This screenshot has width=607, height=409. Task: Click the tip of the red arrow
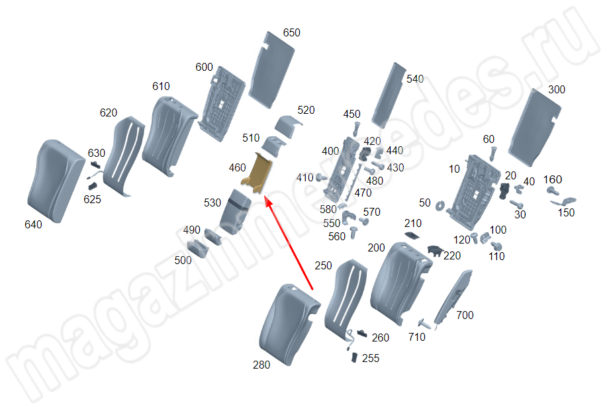tap(265, 197)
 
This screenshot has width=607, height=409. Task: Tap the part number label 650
tap(291, 33)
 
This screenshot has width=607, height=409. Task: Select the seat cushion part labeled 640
tap(56, 181)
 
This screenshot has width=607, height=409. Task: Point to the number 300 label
tap(557, 90)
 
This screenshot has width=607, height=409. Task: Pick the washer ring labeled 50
tap(440, 206)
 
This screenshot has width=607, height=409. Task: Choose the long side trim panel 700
tap(453, 297)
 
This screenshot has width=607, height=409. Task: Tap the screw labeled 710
tap(424, 323)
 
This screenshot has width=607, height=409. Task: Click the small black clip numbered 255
tap(354, 357)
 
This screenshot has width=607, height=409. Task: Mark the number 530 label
tap(212, 203)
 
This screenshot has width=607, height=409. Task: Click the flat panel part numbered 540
tap(389, 95)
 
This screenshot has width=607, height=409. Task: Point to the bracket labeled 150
tap(564, 202)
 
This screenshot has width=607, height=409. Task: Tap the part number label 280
tap(261, 365)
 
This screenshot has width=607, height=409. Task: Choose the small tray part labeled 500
tap(198, 248)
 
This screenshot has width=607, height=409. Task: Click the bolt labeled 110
tap(496, 246)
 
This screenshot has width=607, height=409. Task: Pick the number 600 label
tap(204, 68)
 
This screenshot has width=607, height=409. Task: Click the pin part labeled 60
tap(492, 154)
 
